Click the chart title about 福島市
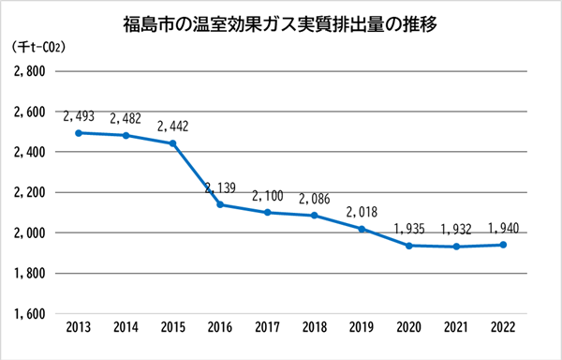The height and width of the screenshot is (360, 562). pyautogui.click(x=281, y=20)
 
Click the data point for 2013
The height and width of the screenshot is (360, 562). pyautogui.click(x=79, y=132)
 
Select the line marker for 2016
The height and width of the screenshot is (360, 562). pyautogui.click(x=221, y=204)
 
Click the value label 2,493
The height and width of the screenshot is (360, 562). pyautogui.click(x=79, y=116)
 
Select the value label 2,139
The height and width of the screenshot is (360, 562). pyautogui.click(x=221, y=187)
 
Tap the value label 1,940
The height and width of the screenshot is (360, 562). pyautogui.click(x=504, y=228)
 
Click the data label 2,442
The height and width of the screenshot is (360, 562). pyautogui.click(x=173, y=127)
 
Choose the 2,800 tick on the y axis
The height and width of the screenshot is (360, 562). pyautogui.click(x=30, y=71)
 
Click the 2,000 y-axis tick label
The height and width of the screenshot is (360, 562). pyautogui.click(x=30, y=232)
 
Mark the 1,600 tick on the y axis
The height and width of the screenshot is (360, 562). pyautogui.click(x=30, y=313)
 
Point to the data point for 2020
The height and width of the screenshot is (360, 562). pyautogui.click(x=409, y=246)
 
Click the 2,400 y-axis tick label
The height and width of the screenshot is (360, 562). pyautogui.click(x=30, y=152)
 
